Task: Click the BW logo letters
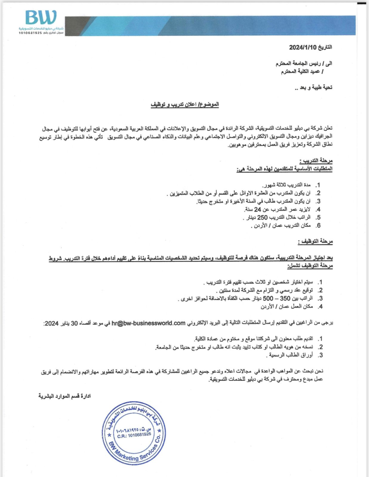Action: point(41,18)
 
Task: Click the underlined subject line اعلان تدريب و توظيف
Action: point(184,104)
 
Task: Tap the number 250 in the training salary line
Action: point(262,218)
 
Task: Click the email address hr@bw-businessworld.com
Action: point(148,323)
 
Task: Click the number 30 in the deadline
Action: point(74,324)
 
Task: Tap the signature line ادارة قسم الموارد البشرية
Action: point(65,396)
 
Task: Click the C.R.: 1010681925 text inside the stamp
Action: point(134,435)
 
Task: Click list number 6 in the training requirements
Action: point(318,226)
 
